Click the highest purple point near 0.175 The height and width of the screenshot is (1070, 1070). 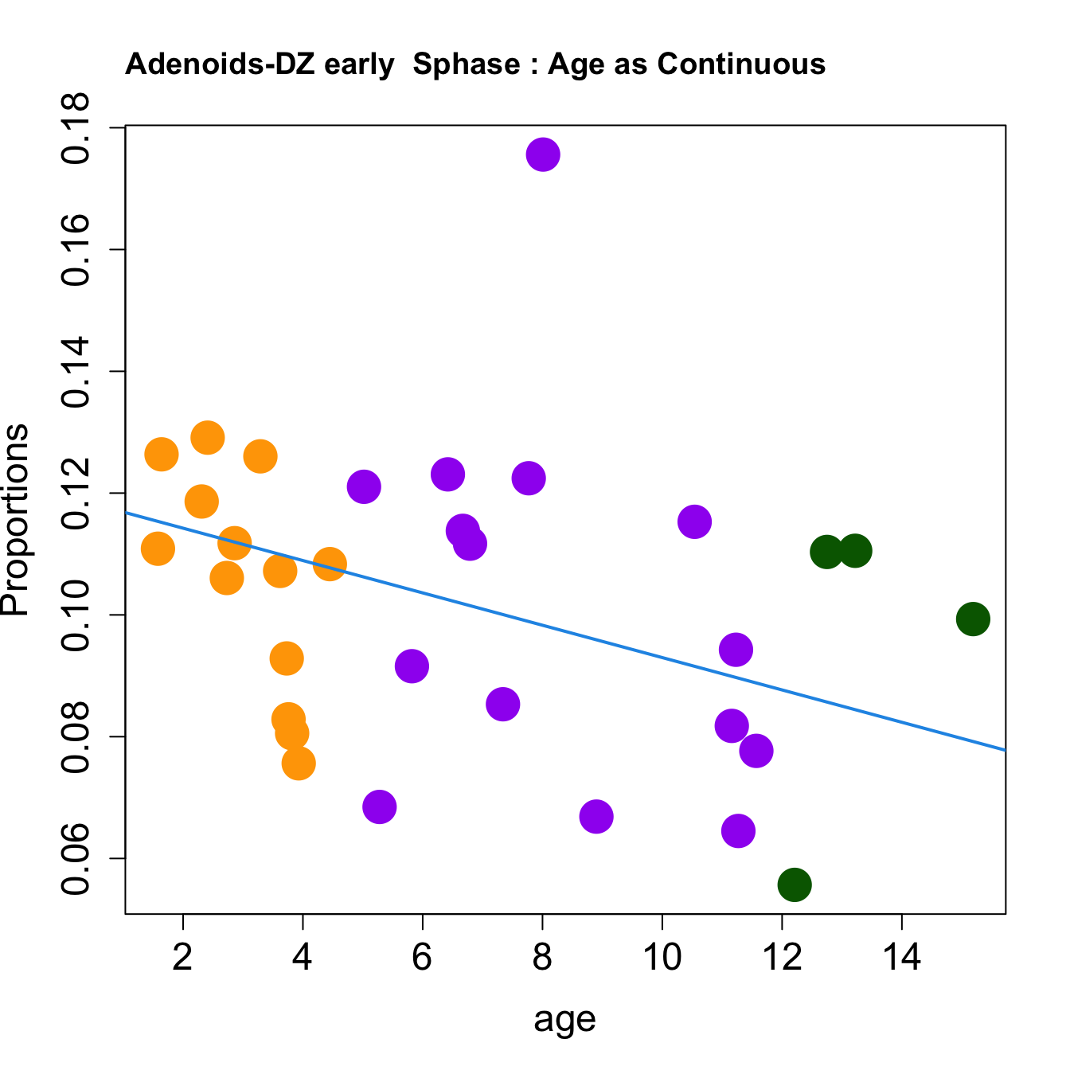point(543,154)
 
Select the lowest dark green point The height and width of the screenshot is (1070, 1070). point(795,885)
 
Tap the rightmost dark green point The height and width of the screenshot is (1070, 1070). point(973,619)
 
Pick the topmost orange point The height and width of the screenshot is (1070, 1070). point(207,437)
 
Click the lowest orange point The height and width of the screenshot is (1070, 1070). point(299,763)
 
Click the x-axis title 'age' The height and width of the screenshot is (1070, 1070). point(564,1019)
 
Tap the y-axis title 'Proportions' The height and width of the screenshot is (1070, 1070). point(16,520)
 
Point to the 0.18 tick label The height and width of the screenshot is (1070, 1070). point(78,128)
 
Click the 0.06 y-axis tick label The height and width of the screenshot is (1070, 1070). point(78,859)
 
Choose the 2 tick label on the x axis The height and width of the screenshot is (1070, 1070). point(183,957)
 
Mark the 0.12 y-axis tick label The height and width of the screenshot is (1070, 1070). point(78,494)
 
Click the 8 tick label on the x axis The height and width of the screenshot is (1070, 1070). point(542,957)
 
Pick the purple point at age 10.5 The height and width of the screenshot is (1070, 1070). point(694,521)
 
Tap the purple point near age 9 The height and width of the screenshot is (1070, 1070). point(596,816)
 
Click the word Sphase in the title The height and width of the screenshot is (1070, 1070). point(467,64)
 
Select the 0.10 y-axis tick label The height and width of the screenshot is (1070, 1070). point(78,615)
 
